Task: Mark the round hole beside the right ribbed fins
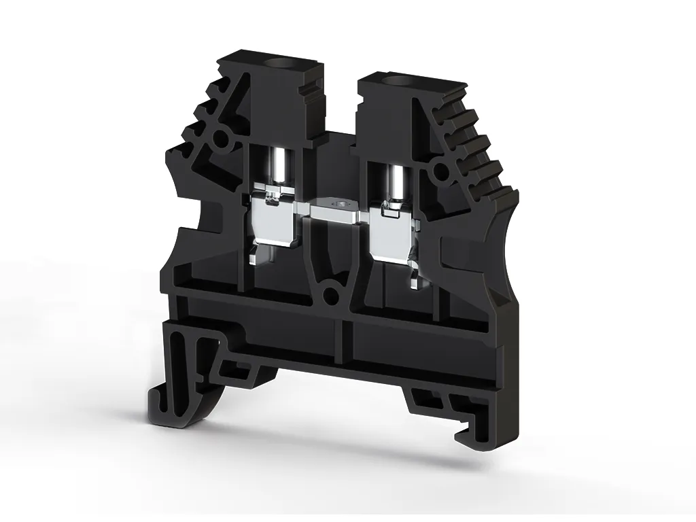click(442, 170)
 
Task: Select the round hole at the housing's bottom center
click(331, 294)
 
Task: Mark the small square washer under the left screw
click(271, 196)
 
